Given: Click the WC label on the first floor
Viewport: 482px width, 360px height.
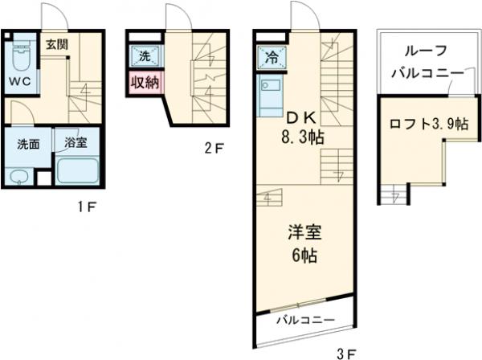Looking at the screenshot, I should coord(19,82).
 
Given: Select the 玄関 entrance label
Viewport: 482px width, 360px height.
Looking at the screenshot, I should coord(55,43).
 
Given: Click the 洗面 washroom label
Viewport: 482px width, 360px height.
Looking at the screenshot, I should coord(29,145).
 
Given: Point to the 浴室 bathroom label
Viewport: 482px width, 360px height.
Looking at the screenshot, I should coord(76,145).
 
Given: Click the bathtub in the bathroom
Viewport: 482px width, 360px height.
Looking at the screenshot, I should coord(77,171).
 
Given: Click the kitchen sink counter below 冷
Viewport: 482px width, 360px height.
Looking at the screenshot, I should coord(270,97).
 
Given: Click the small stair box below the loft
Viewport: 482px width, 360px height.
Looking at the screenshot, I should coord(394,194).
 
